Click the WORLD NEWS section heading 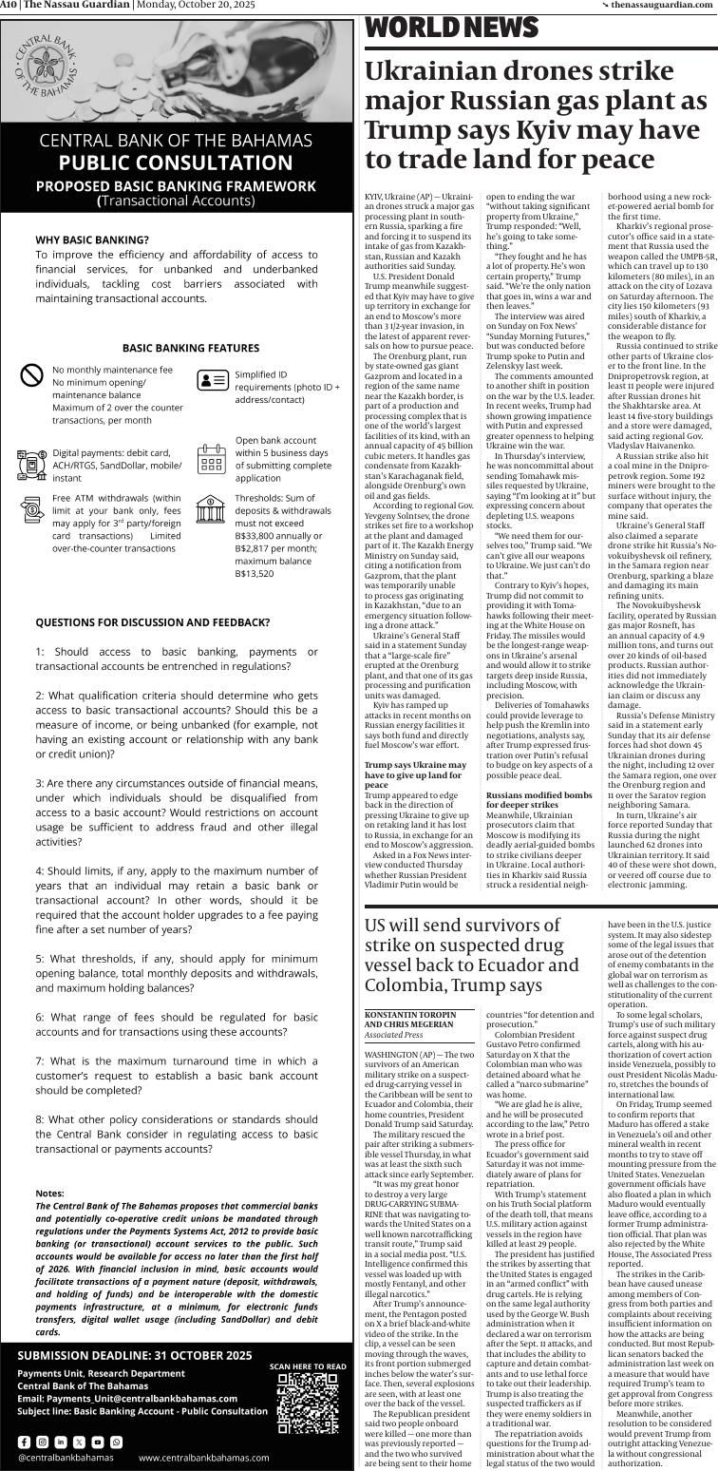point(439,29)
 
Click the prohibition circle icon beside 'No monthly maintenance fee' point(32,375)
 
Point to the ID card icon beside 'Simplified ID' point(212,381)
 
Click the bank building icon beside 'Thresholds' point(211,509)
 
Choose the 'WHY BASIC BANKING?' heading point(92,240)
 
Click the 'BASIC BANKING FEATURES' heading point(177,349)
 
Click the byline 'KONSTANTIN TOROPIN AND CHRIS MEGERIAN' point(410,1020)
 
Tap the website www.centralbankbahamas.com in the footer point(203,1458)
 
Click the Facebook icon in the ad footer point(25,1442)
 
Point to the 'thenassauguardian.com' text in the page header point(664,5)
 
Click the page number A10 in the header point(9,5)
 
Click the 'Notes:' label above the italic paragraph point(49,1194)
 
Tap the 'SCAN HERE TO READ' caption point(307,1366)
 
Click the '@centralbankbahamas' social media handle point(66,1458)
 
